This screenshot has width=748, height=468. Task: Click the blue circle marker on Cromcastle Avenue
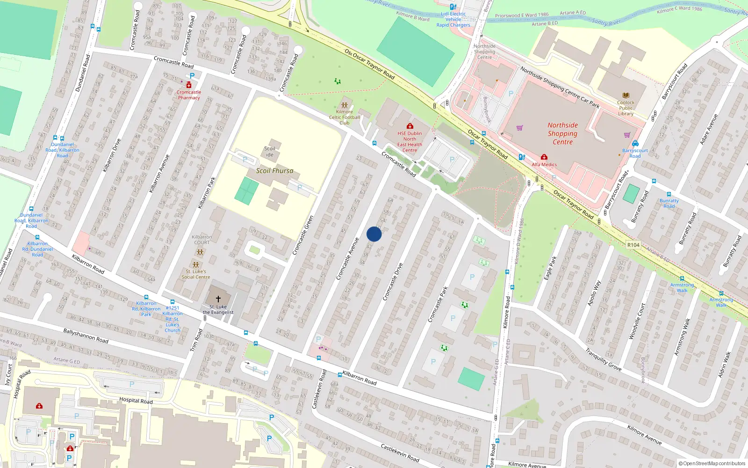374,234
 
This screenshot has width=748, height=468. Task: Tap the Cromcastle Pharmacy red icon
189,85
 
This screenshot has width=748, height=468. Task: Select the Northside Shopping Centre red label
562,133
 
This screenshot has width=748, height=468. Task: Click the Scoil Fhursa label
274,171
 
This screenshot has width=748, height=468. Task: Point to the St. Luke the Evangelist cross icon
218,298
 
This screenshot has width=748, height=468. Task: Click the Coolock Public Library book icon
626,95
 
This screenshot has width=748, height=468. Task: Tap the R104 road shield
633,245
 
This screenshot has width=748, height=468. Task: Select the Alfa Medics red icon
544,157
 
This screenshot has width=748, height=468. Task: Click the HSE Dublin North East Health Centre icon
410,126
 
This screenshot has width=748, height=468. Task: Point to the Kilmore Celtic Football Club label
345,117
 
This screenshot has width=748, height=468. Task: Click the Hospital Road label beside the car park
136,401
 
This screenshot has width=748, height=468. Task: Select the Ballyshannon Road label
86,336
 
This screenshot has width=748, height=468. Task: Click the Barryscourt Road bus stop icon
635,144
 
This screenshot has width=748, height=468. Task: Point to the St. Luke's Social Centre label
196,274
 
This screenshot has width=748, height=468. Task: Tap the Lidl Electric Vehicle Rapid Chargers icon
453,7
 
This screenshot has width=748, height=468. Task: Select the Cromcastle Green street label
303,235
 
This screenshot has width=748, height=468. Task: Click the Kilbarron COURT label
202,240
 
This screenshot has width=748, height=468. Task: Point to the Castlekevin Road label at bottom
400,453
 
